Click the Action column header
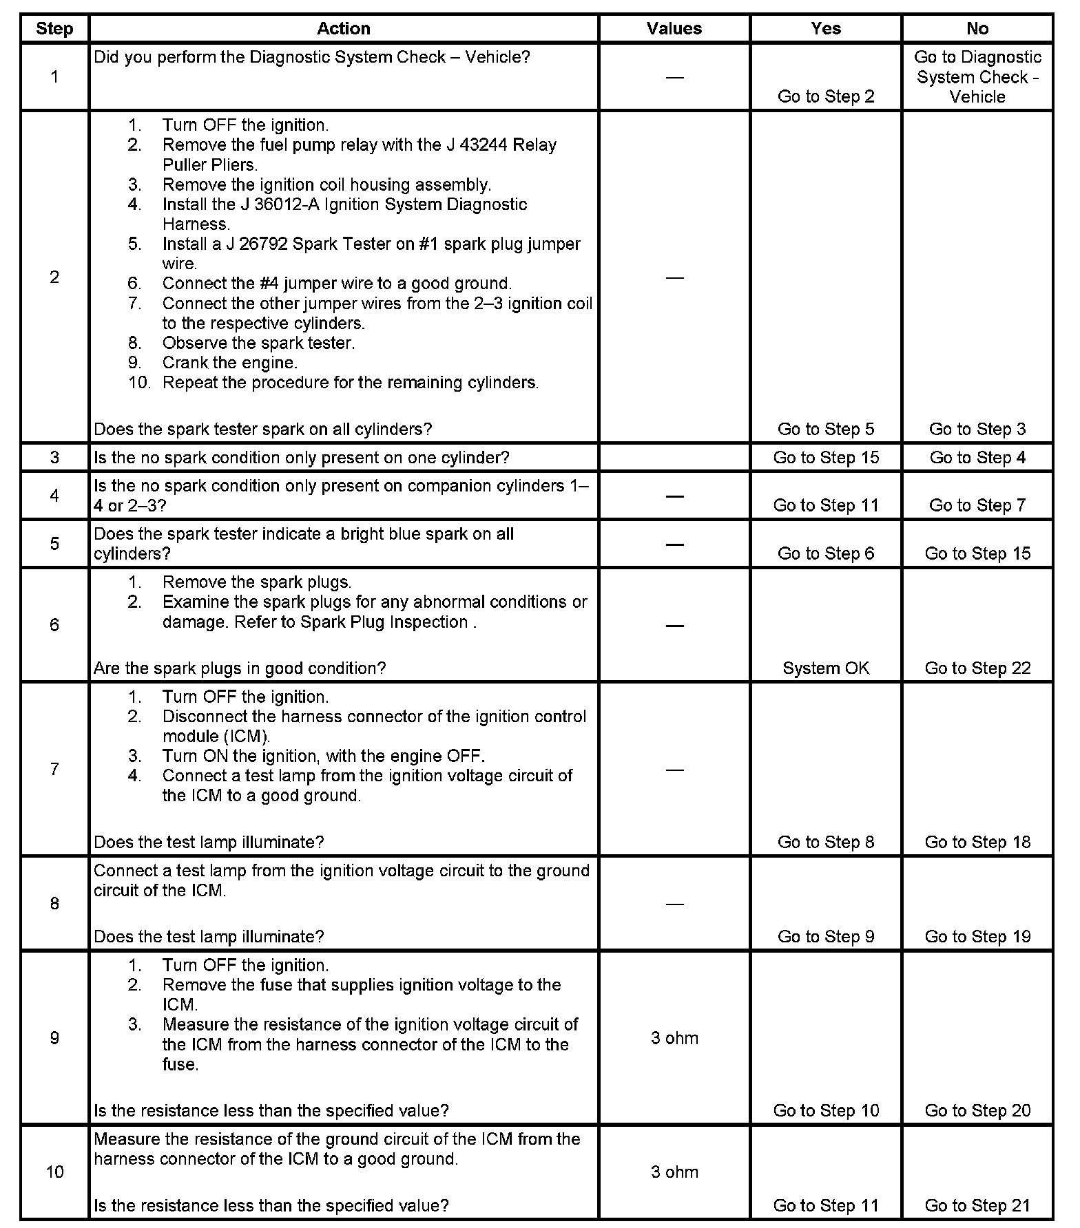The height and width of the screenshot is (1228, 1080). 343,28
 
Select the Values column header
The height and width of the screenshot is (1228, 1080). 674,28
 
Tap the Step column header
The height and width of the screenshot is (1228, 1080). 54,28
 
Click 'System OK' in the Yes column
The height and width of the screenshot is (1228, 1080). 825,668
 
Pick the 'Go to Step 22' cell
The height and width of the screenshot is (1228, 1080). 977,668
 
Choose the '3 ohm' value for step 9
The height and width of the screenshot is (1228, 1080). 674,1037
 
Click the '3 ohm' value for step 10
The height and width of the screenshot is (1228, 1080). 674,1171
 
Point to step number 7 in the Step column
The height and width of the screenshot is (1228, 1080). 54,769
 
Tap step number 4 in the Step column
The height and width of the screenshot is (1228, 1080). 54,495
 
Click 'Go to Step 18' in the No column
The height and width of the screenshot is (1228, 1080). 977,842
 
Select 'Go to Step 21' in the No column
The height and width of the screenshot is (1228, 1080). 977,1205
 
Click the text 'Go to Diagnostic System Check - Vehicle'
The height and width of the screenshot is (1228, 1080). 977,76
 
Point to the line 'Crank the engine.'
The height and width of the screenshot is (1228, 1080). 229,363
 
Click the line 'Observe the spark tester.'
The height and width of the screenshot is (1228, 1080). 258,343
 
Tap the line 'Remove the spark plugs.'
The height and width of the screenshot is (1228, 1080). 256,582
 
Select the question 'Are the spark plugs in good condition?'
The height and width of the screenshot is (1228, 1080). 240,668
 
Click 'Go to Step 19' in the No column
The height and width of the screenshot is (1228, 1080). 977,936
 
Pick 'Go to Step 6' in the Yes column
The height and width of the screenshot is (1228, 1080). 825,553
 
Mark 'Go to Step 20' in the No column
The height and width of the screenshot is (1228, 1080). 977,1110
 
